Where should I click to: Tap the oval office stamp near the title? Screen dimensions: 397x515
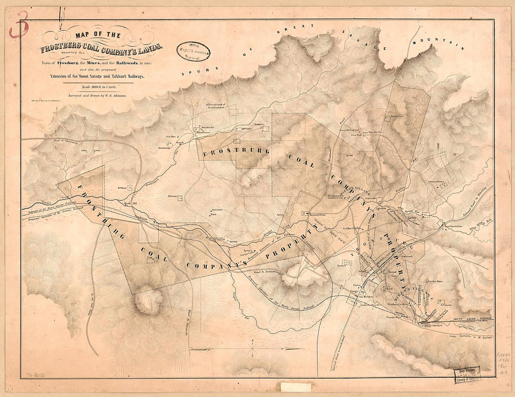point(193,51)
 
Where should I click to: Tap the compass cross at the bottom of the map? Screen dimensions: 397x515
point(253,349)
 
